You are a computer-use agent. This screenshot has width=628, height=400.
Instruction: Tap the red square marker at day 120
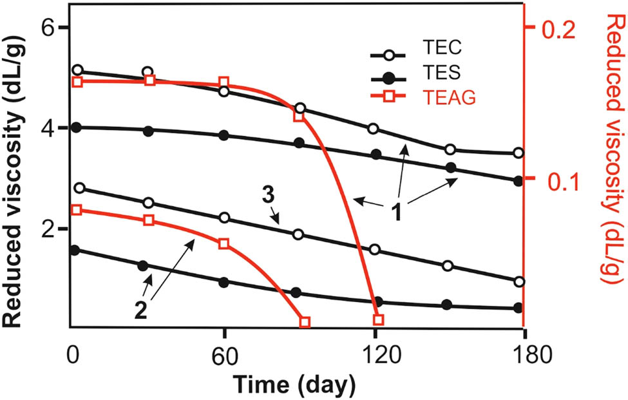click(379, 320)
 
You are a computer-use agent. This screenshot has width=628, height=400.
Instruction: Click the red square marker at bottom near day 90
click(305, 321)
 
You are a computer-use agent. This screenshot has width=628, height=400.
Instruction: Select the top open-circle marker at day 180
click(519, 153)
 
